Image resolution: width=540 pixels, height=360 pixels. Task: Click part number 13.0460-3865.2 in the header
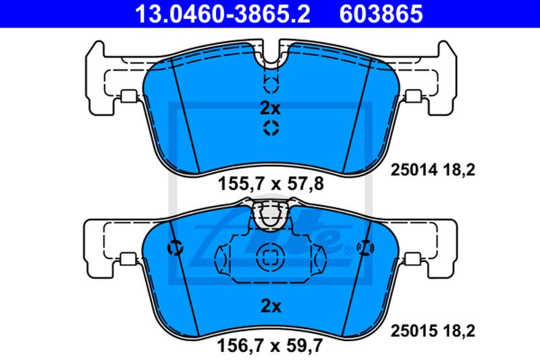tap(223, 14)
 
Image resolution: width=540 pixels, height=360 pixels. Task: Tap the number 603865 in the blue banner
tap(381, 14)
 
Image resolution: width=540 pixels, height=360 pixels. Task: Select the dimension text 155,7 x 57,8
tap(271, 184)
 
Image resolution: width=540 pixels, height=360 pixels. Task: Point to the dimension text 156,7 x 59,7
tap(270, 345)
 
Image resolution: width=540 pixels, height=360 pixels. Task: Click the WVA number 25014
tap(414, 170)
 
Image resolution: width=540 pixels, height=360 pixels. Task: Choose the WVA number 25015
tap(414, 331)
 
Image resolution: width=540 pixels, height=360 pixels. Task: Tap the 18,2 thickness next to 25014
tap(458, 170)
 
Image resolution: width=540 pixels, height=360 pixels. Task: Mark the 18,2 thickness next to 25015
tap(458, 331)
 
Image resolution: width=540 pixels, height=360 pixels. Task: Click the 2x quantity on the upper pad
tap(271, 109)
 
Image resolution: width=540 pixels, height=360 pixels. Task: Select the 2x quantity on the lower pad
tap(271, 306)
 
